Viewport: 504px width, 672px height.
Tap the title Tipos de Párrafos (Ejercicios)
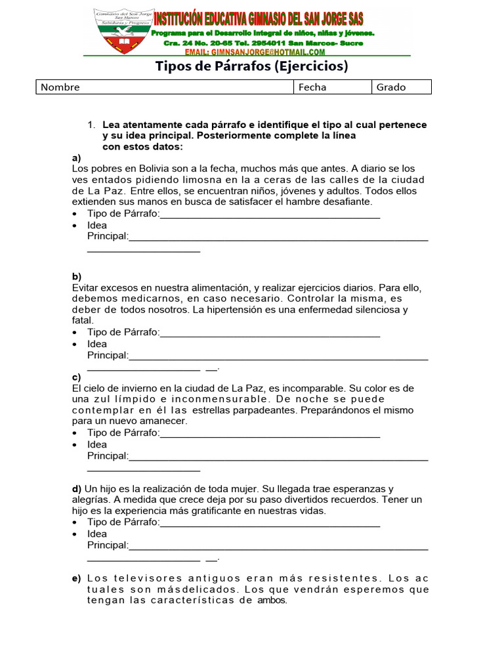click(251, 66)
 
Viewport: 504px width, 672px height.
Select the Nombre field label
click(60, 87)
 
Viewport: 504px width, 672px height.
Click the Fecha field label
click(312, 87)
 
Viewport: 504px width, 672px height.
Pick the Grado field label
click(391, 87)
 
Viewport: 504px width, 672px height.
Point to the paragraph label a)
click(76, 158)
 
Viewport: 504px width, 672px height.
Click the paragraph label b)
click(76, 277)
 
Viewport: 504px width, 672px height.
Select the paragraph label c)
click(76, 377)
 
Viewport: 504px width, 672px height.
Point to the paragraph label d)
click(76, 489)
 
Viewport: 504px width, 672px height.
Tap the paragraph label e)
click(76, 578)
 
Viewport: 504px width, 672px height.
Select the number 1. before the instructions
click(92, 125)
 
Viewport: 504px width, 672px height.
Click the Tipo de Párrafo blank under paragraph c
click(270, 433)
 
